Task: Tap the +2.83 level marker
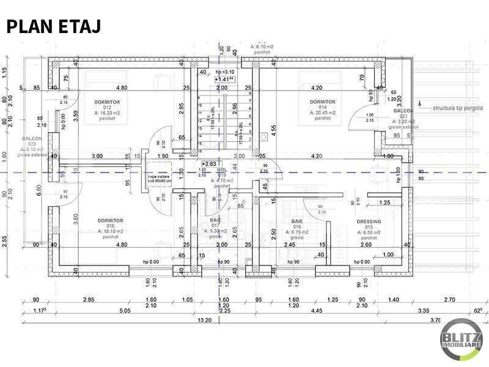[210, 164]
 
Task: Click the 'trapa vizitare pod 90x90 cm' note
[160, 178]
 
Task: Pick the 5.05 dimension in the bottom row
[125, 311]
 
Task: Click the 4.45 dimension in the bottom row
[316, 311]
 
